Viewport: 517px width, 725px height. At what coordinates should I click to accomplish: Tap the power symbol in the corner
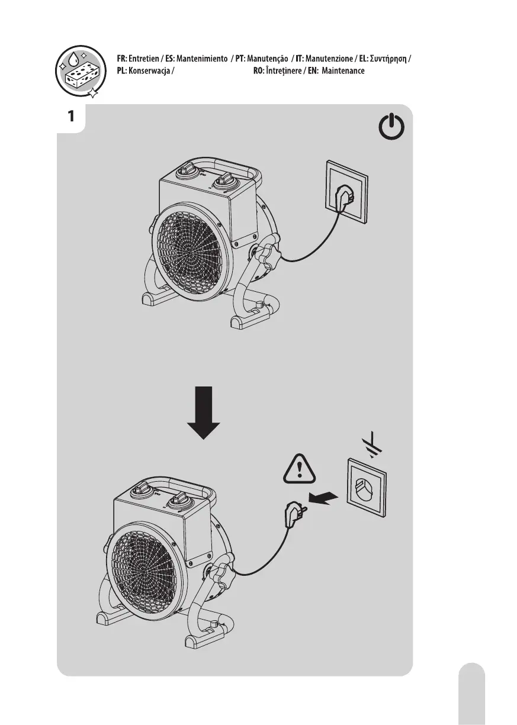[392, 128]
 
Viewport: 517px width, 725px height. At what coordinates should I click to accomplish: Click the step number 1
[71, 116]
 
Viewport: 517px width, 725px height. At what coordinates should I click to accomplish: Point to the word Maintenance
[343, 71]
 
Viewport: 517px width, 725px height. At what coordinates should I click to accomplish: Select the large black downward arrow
[203, 412]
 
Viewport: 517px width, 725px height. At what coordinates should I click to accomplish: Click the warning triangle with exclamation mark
[301, 471]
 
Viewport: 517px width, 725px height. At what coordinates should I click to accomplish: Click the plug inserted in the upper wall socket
[342, 198]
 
